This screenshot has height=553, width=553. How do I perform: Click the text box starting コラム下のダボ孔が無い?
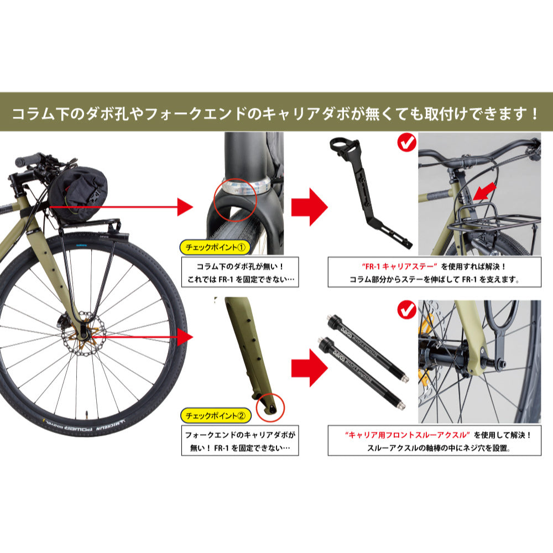tap(240, 272)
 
